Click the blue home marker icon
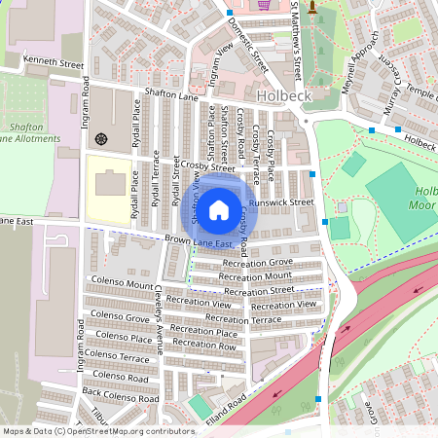click(x=219, y=208)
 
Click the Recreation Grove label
click(x=258, y=263)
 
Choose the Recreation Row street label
click(x=204, y=345)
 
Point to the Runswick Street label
click(x=280, y=202)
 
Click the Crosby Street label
click(x=207, y=167)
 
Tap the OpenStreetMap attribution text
click(x=97, y=430)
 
